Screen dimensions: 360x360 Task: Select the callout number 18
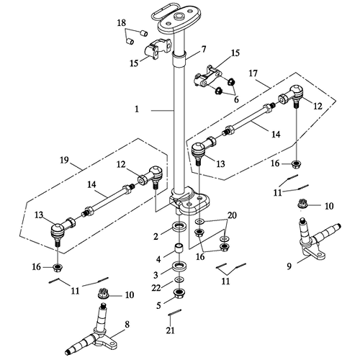point(122,24)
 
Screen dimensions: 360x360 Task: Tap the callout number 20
point(232,216)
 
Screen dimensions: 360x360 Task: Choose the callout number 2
point(156,237)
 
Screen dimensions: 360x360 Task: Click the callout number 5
point(158,305)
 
